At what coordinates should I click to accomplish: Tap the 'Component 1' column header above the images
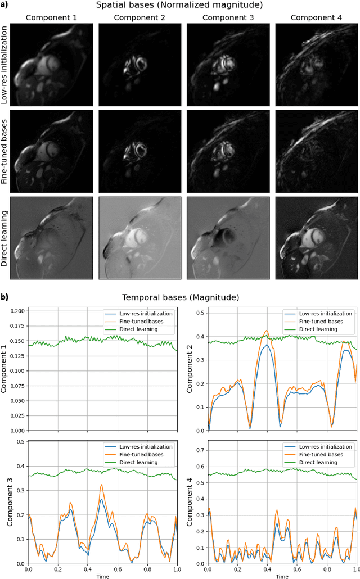pos(51,17)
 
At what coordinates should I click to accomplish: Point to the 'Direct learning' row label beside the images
pos(5,238)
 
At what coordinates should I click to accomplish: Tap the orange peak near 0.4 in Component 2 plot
pos(266,331)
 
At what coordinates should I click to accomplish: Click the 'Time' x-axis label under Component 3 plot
pos(102,576)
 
